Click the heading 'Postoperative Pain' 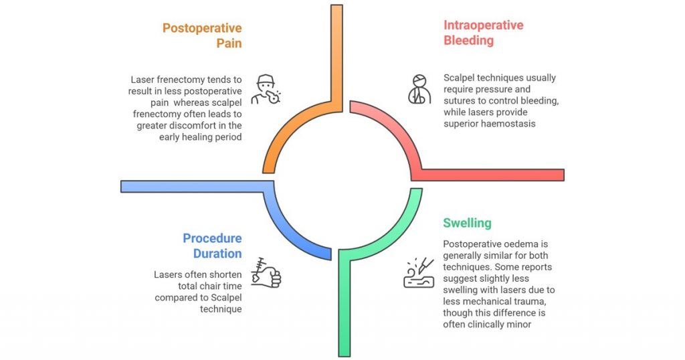click(x=202, y=35)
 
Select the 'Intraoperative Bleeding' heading click(x=483, y=33)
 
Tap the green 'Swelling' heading click(x=467, y=223)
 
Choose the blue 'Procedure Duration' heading click(x=212, y=246)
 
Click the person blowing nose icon click(x=266, y=90)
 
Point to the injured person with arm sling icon click(x=419, y=89)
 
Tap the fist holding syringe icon click(x=266, y=272)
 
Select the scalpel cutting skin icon click(x=419, y=272)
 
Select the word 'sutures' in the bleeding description click(x=459, y=101)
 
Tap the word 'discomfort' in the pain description click(x=205, y=125)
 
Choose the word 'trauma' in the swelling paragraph click(x=530, y=302)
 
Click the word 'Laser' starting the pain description click(x=142, y=80)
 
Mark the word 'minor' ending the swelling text click(x=519, y=324)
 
